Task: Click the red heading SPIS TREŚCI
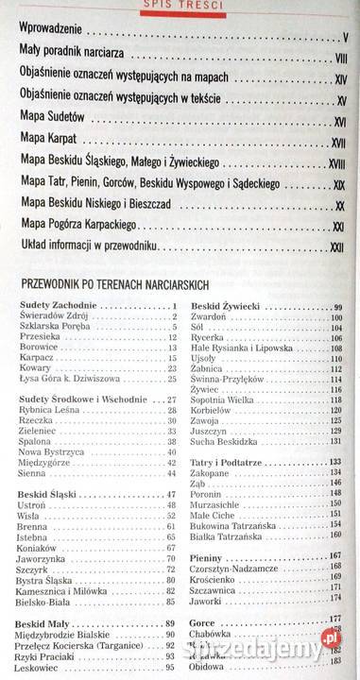point(180,5)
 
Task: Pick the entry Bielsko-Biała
point(48,601)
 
